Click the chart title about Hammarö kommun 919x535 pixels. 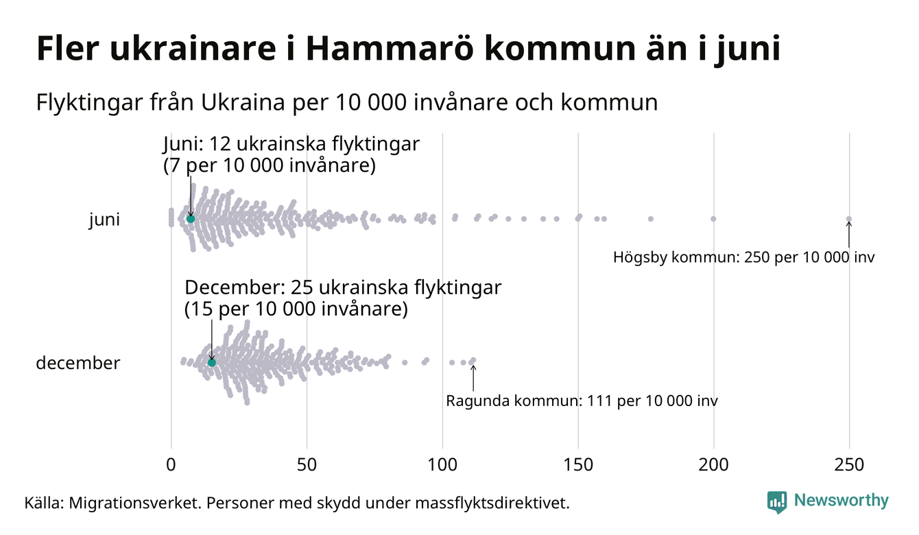407,50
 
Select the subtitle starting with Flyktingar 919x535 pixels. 346,103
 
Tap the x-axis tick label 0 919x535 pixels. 171,465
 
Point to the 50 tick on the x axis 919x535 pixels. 307,465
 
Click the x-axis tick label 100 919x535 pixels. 442,465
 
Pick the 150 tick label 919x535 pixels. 578,465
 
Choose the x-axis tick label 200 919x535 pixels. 714,465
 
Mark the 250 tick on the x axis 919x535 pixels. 849,465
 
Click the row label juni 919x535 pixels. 104,220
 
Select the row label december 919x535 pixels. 77,363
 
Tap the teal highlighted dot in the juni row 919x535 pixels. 191,219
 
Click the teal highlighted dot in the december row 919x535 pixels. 212,362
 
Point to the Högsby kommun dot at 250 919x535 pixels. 849,219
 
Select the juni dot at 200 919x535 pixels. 713,219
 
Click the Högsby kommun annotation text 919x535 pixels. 744,258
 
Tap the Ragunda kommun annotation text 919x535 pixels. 582,401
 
